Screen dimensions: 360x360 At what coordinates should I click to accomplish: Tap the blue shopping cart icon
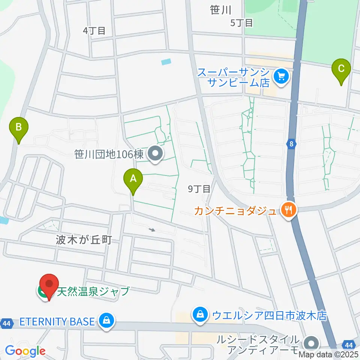280,77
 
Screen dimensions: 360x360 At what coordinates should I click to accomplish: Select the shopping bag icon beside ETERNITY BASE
107,321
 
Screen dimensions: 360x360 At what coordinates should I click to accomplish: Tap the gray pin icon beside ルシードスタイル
311,343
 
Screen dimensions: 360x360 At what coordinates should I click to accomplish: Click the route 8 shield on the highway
291,144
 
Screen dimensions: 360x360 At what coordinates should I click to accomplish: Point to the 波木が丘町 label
84,240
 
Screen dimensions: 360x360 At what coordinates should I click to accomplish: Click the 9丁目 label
199,189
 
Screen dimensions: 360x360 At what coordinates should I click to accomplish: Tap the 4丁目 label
94,31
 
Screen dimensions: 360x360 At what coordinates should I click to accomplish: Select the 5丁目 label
241,23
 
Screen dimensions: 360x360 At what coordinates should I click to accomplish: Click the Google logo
25,351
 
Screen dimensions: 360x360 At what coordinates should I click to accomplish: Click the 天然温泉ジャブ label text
93,291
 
